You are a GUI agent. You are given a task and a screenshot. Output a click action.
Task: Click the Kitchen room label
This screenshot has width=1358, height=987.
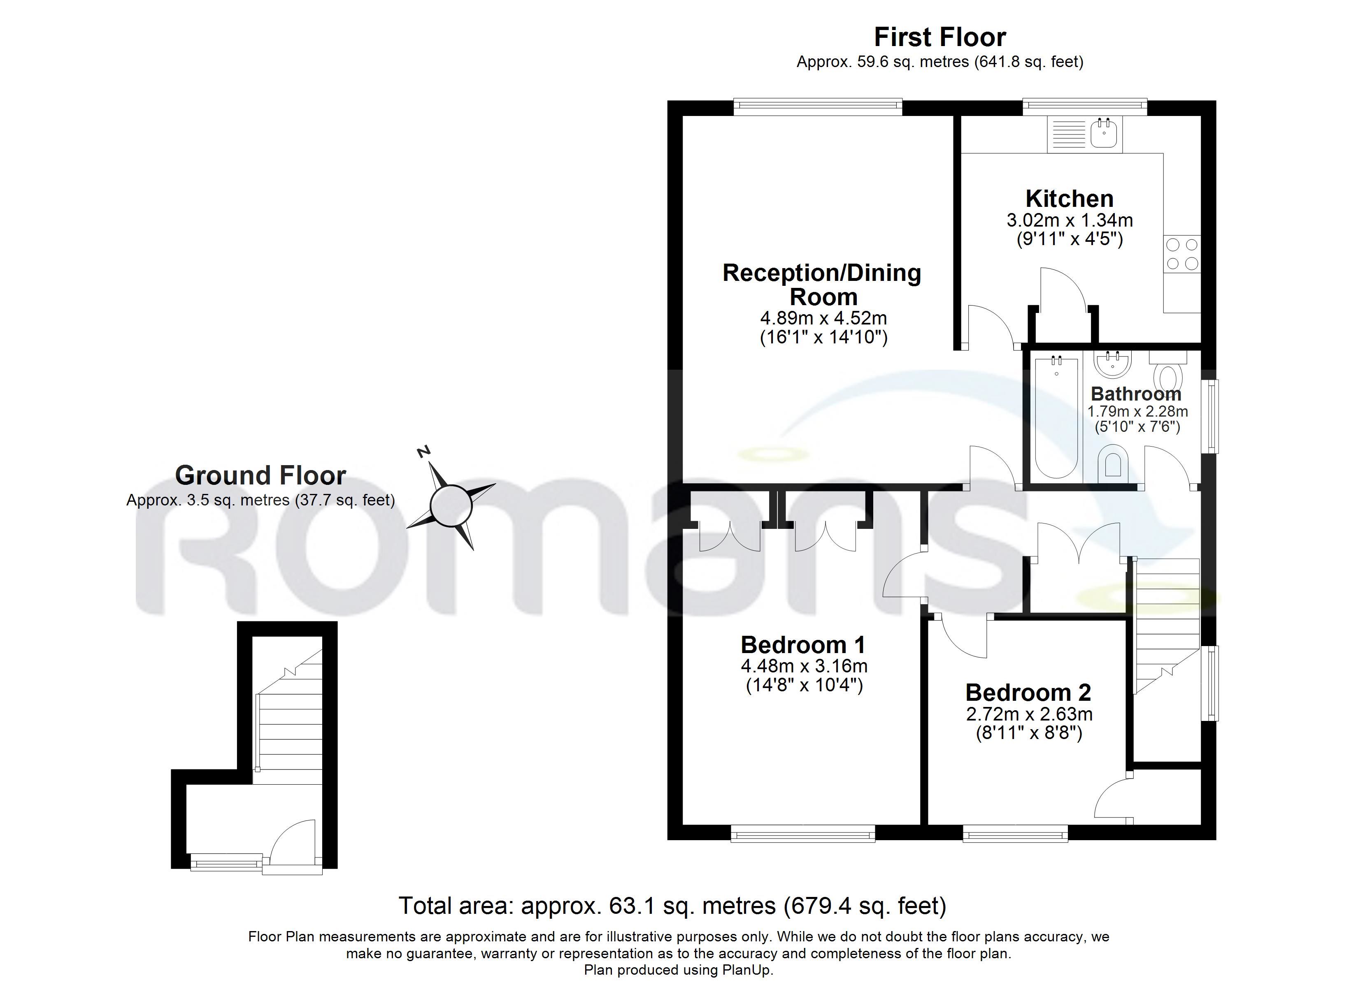pos(1070,199)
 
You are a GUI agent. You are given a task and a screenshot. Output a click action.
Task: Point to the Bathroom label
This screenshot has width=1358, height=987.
pos(1136,394)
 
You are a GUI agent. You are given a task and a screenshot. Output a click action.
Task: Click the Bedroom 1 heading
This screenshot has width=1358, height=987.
pos(803,644)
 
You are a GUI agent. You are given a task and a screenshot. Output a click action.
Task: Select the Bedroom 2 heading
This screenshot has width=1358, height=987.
pos(1028,693)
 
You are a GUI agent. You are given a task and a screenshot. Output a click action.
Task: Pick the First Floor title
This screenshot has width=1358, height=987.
pos(940,37)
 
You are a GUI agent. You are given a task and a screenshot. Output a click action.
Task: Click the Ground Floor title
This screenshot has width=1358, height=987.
pos(260,476)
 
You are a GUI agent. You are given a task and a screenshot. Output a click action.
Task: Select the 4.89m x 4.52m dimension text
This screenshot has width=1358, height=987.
pos(823,318)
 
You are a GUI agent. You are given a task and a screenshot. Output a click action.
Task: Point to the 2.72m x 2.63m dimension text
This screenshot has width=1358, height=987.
pos(1029,714)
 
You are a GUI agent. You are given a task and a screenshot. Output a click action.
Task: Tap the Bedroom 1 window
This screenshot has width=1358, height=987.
pos(803,833)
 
